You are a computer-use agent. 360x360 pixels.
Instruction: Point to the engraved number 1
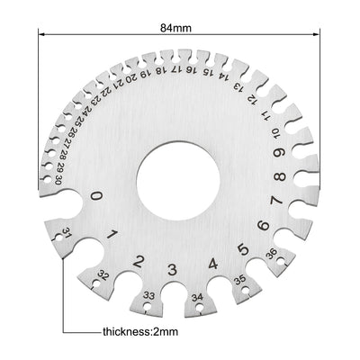coord(112,236)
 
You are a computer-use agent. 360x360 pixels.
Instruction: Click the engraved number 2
coord(140,262)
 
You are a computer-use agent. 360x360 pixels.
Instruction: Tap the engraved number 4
coord(211,265)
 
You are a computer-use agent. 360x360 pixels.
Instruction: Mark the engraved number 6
coord(263,227)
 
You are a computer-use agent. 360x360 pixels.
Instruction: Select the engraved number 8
coord(281,177)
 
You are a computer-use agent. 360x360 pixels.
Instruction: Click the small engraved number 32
coord(103,274)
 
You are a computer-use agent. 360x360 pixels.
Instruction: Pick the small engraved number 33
coord(148,294)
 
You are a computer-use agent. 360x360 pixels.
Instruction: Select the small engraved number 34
coord(197,296)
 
